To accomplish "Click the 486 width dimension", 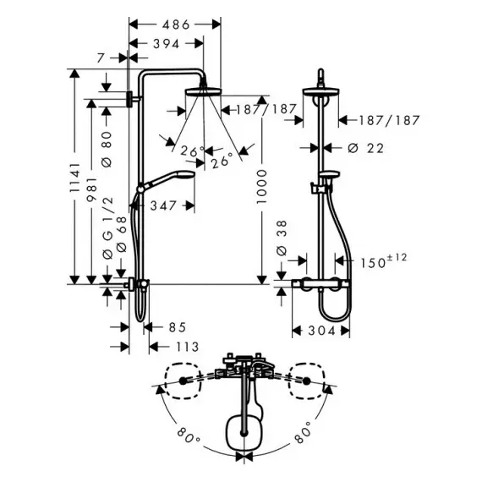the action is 176,25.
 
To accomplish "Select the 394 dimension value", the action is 167,44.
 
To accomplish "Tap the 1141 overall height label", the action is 74,178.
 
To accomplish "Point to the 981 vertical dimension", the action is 92,189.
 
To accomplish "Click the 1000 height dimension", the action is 261,186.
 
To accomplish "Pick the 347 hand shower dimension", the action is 163,205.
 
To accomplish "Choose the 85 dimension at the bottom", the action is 178,327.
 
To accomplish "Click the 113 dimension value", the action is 188,347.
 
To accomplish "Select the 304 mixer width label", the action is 321,331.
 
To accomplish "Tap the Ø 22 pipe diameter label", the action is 366,149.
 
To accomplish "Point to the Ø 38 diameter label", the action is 282,238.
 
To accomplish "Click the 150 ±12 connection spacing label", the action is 383,261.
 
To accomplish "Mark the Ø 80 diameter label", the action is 107,150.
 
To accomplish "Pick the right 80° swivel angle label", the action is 303,432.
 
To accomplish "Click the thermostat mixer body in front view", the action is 320,283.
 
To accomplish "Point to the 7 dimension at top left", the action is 101,58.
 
